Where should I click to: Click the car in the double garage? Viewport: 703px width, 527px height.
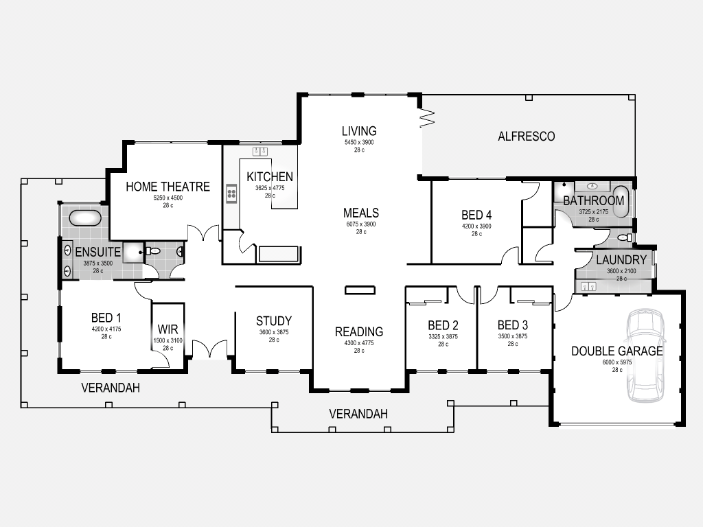tap(645, 355)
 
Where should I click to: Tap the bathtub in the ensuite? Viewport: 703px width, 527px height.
tap(85, 218)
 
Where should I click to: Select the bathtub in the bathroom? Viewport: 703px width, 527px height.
tap(621, 201)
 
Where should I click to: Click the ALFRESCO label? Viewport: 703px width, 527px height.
tap(527, 137)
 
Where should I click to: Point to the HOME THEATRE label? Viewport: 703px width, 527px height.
tap(168, 187)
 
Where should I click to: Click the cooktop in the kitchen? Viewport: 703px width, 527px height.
tap(231, 194)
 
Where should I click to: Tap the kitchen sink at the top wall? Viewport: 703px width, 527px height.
tap(260, 151)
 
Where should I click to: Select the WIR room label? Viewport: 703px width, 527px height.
tap(168, 329)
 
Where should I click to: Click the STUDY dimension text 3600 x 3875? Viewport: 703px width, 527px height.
tap(274, 332)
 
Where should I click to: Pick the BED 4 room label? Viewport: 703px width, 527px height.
tap(476, 215)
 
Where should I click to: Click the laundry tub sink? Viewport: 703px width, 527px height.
tap(588, 286)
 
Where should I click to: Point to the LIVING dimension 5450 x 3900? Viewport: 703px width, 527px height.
tap(359, 142)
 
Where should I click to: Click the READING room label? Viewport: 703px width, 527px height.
tap(359, 331)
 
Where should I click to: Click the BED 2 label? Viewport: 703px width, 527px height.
tap(443, 325)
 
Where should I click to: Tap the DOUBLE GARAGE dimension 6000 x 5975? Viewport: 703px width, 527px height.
tap(617, 362)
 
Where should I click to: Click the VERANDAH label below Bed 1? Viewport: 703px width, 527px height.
tap(111, 388)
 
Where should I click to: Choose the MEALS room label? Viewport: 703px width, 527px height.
tap(361, 213)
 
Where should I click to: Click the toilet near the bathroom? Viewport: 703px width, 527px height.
tap(625, 237)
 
